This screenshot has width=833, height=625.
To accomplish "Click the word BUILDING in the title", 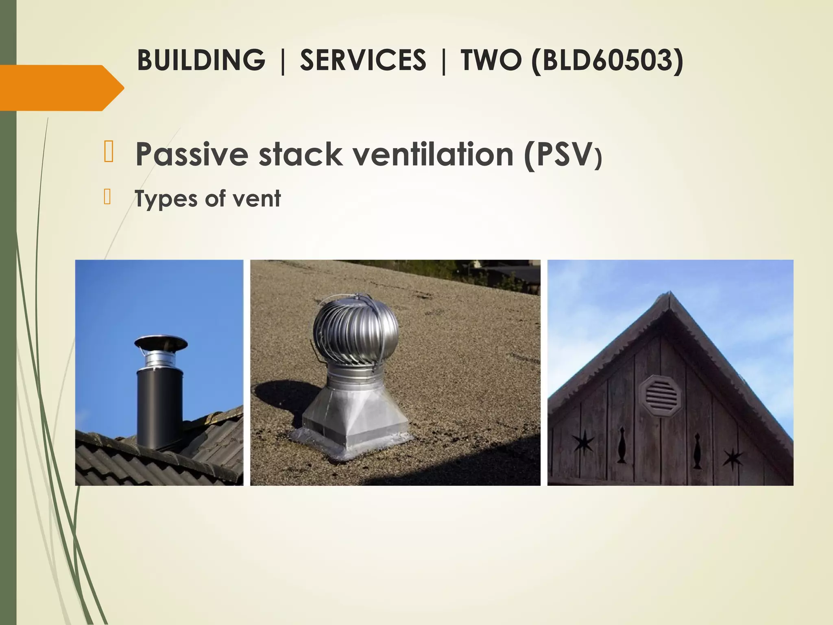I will coord(201,60).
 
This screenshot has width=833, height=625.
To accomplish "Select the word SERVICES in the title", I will coord(363,60).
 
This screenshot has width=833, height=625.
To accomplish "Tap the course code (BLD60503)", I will coord(607,60).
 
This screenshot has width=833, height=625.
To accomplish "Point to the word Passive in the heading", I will coord(192,155).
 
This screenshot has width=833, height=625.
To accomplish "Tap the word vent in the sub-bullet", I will coord(260,199).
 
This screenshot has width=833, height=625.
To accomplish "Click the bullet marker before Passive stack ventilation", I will coord(108,152).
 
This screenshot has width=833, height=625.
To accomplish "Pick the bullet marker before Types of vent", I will coord(107,197).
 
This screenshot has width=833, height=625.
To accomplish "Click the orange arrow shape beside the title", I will coord(61,88).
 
